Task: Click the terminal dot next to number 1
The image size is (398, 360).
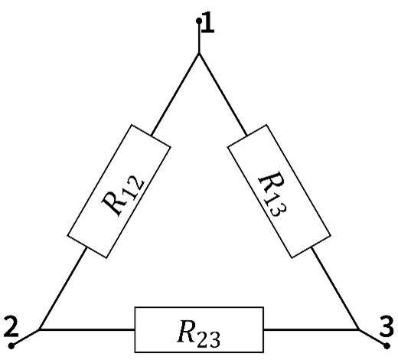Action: click(199, 21)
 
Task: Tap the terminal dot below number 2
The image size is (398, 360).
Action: click(11, 345)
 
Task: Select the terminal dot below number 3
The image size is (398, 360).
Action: click(387, 346)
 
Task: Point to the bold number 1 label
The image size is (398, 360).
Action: click(208, 22)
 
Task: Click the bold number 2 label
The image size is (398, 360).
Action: click(11, 326)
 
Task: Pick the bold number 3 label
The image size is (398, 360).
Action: click(387, 326)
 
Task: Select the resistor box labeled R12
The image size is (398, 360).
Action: click(119, 191)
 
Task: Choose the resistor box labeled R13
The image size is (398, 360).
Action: click(279, 191)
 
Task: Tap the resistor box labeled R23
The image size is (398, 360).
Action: click(199, 329)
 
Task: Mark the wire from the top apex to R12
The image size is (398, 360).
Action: click(175, 94)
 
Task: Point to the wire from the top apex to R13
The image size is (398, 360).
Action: click(223, 94)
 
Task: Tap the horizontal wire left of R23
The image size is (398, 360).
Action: click(86, 329)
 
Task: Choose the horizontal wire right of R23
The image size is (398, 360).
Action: click(312, 329)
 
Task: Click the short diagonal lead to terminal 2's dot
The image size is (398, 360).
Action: click(25, 338)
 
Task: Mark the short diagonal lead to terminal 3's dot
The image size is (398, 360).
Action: click(373, 338)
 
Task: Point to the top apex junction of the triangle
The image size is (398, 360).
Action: click(199, 54)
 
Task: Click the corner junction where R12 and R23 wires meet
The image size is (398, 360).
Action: click(39, 329)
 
